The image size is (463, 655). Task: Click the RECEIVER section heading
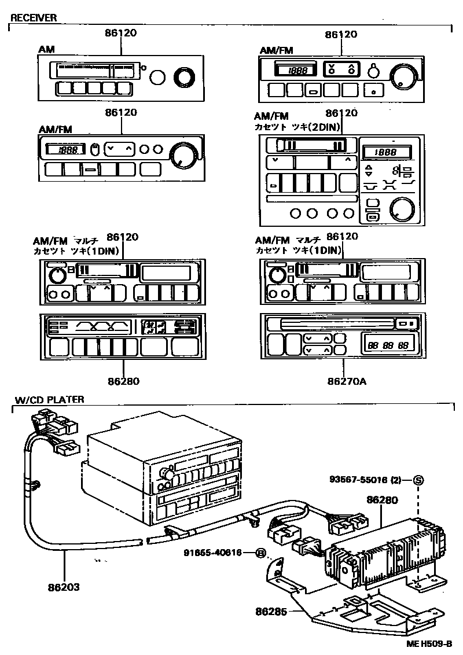coord(34,18)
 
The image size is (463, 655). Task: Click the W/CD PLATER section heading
coord(49,399)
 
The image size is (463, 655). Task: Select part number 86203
coord(64,586)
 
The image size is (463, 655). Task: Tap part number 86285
coord(271,610)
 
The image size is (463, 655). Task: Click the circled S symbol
coord(418,479)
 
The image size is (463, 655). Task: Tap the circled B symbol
coord(261,553)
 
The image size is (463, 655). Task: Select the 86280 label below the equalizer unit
coord(123,381)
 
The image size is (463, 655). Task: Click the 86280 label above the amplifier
coord(381,499)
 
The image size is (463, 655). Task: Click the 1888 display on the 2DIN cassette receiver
coord(386,153)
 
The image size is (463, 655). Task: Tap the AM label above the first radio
coord(47,50)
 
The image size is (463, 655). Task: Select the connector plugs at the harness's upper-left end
coord(54,428)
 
